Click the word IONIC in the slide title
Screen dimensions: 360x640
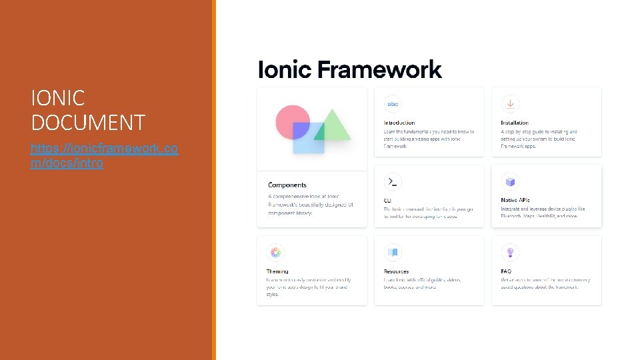click(x=58, y=99)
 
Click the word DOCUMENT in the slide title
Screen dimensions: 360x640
click(x=87, y=123)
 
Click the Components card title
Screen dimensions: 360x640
click(x=287, y=185)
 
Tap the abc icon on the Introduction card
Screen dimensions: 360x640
click(x=393, y=104)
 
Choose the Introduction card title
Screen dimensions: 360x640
click(x=399, y=123)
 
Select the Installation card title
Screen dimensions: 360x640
click(x=515, y=123)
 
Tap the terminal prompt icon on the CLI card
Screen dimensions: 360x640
click(x=393, y=181)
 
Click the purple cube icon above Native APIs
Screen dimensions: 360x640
click(x=510, y=181)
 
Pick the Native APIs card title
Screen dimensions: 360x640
click(x=515, y=200)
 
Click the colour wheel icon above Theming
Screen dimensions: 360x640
click(x=275, y=253)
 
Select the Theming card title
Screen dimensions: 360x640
click(x=277, y=271)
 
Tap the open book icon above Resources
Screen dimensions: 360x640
click(x=393, y=253)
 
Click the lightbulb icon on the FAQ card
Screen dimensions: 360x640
click(x=510, y=253)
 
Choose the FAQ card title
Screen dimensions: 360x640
click(x=506, y=271)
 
